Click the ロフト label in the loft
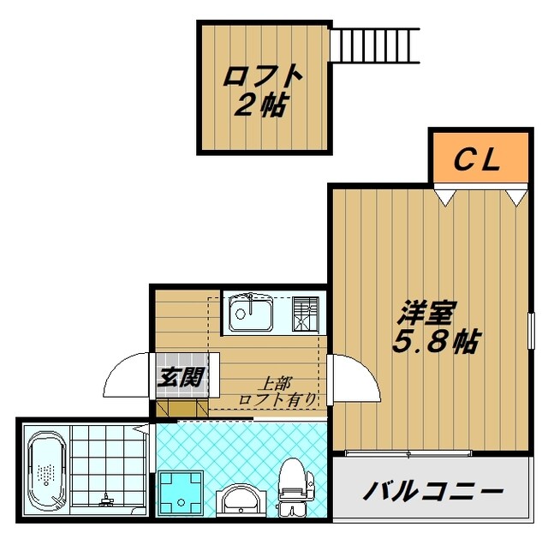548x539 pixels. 263,76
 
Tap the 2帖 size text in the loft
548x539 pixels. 263,105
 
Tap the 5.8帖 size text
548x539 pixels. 435,342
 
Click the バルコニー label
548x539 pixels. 432,492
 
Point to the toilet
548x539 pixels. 292,484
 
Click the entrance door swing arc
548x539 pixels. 128,377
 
